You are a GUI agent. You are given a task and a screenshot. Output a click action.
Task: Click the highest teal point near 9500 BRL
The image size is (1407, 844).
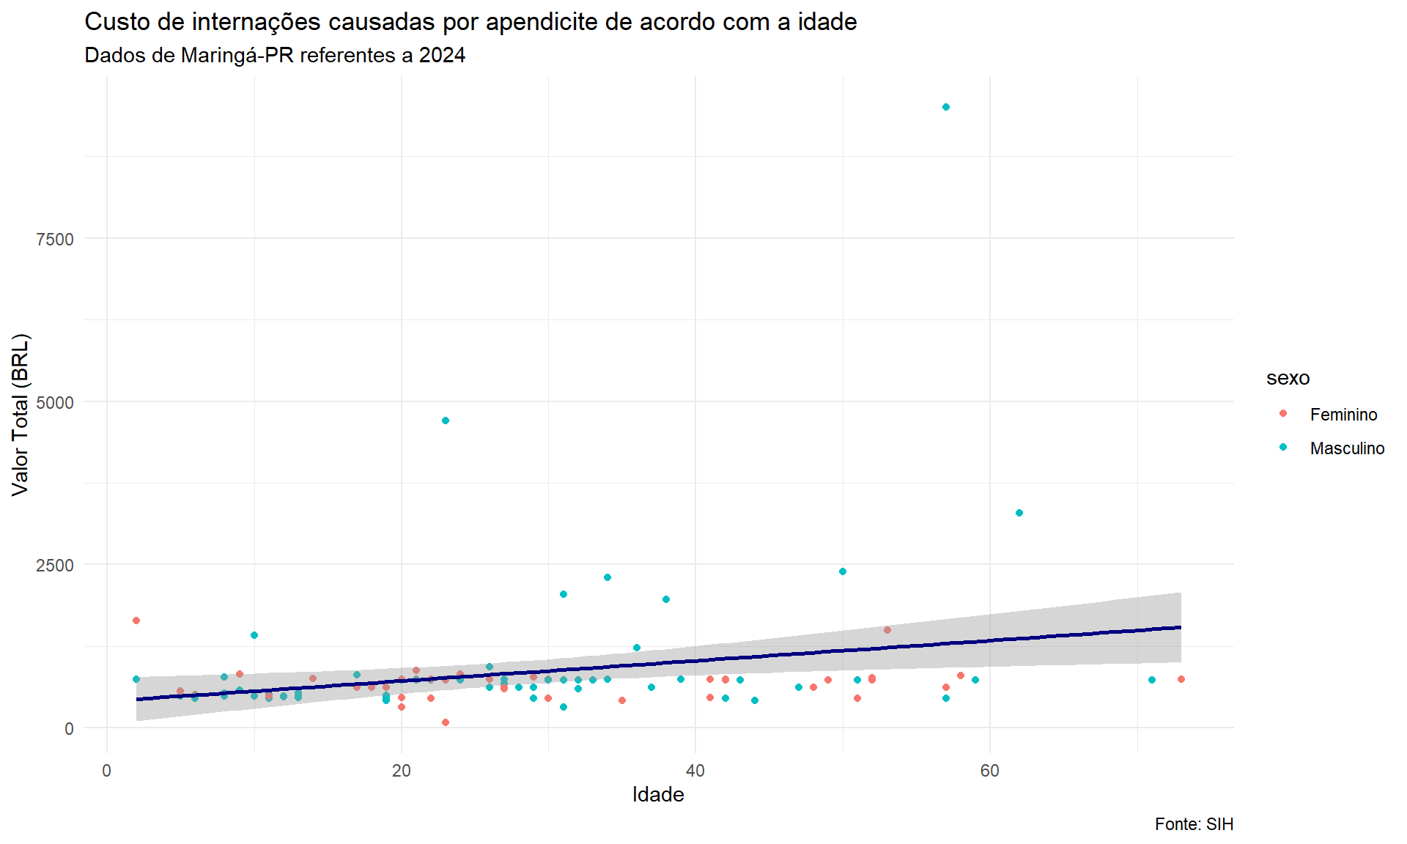click(x=945, y=107)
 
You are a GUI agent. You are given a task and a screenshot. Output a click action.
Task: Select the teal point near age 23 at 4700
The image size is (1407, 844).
click(x=446, y=421)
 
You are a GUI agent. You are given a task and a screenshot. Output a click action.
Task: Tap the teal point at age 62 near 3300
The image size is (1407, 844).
click(x=1019, y=513)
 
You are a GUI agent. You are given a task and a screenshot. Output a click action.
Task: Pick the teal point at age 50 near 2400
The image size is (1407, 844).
click(x=843, y=571)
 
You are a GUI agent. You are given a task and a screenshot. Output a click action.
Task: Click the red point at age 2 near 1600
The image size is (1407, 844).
click(x=136, y=621)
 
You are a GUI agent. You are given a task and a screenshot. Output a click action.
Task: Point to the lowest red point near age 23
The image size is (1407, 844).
click(x=446, y=722)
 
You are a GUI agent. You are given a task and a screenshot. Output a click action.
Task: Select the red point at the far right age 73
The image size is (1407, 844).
click(x=1181, y=679)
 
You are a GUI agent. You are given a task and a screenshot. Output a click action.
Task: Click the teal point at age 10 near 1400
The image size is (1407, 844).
click(x=254, y=635)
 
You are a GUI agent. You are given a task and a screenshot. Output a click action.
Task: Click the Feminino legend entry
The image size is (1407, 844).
click(x=1343, y=415)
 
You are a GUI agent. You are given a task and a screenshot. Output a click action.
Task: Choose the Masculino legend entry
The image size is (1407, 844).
click(x=1347, y=448)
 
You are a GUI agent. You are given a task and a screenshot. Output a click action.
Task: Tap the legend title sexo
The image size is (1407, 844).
click(x=1288, y=378)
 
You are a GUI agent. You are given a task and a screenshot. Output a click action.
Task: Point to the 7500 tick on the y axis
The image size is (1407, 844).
click(x=55, y=240)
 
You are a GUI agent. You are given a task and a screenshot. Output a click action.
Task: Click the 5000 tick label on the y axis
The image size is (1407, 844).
click(x=55, y=402)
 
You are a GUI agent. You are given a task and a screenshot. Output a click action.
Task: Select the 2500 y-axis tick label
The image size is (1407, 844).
click(x=55, y=566)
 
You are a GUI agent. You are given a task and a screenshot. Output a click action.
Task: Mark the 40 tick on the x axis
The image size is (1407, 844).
click(x=695, y=771)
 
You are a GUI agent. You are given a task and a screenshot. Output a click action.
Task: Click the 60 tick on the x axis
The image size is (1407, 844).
click(x=989, y=771)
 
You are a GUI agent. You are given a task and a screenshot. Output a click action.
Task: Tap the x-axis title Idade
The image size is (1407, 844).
click(x=657, y=795)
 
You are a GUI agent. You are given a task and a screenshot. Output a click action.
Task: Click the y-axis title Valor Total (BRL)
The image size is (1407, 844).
click(x=21, y=415)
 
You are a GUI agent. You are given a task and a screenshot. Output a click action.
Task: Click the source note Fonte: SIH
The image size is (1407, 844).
click(x=1194, y=824)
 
